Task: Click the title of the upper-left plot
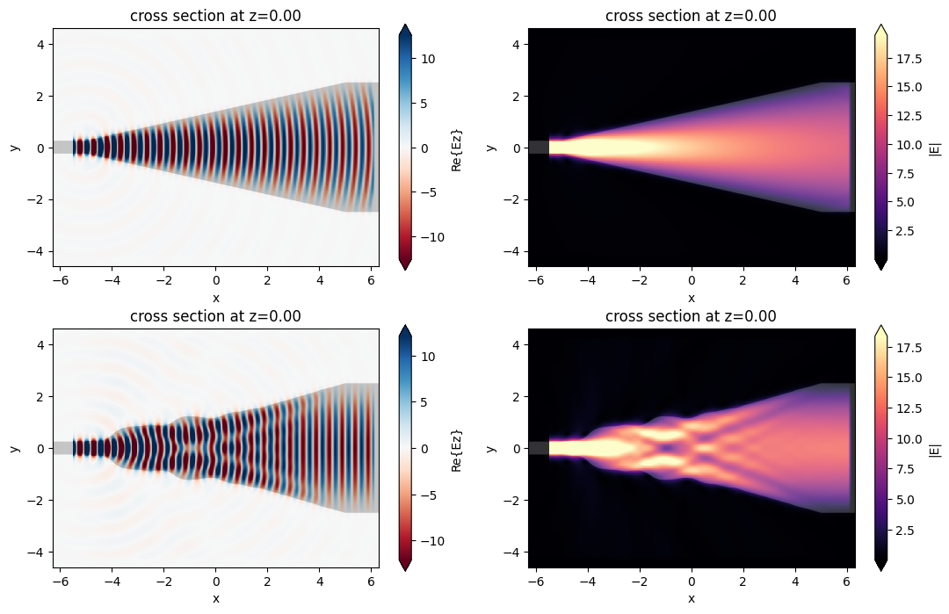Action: pos(216,15)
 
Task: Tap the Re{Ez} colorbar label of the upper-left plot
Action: pos(456,148)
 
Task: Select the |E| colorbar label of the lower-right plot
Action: pos(934,449)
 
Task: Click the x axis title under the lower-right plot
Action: pos(692,598)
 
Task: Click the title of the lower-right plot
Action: pos(692,316)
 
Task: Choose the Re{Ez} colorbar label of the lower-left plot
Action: pos(456,449)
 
